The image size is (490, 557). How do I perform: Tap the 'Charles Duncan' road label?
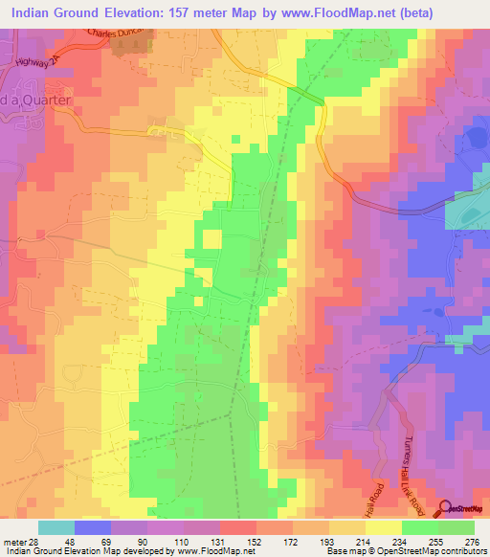coord(121,32)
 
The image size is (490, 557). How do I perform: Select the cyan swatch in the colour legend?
coord(56,527)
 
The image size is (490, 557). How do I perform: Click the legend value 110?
coord(168,541)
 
